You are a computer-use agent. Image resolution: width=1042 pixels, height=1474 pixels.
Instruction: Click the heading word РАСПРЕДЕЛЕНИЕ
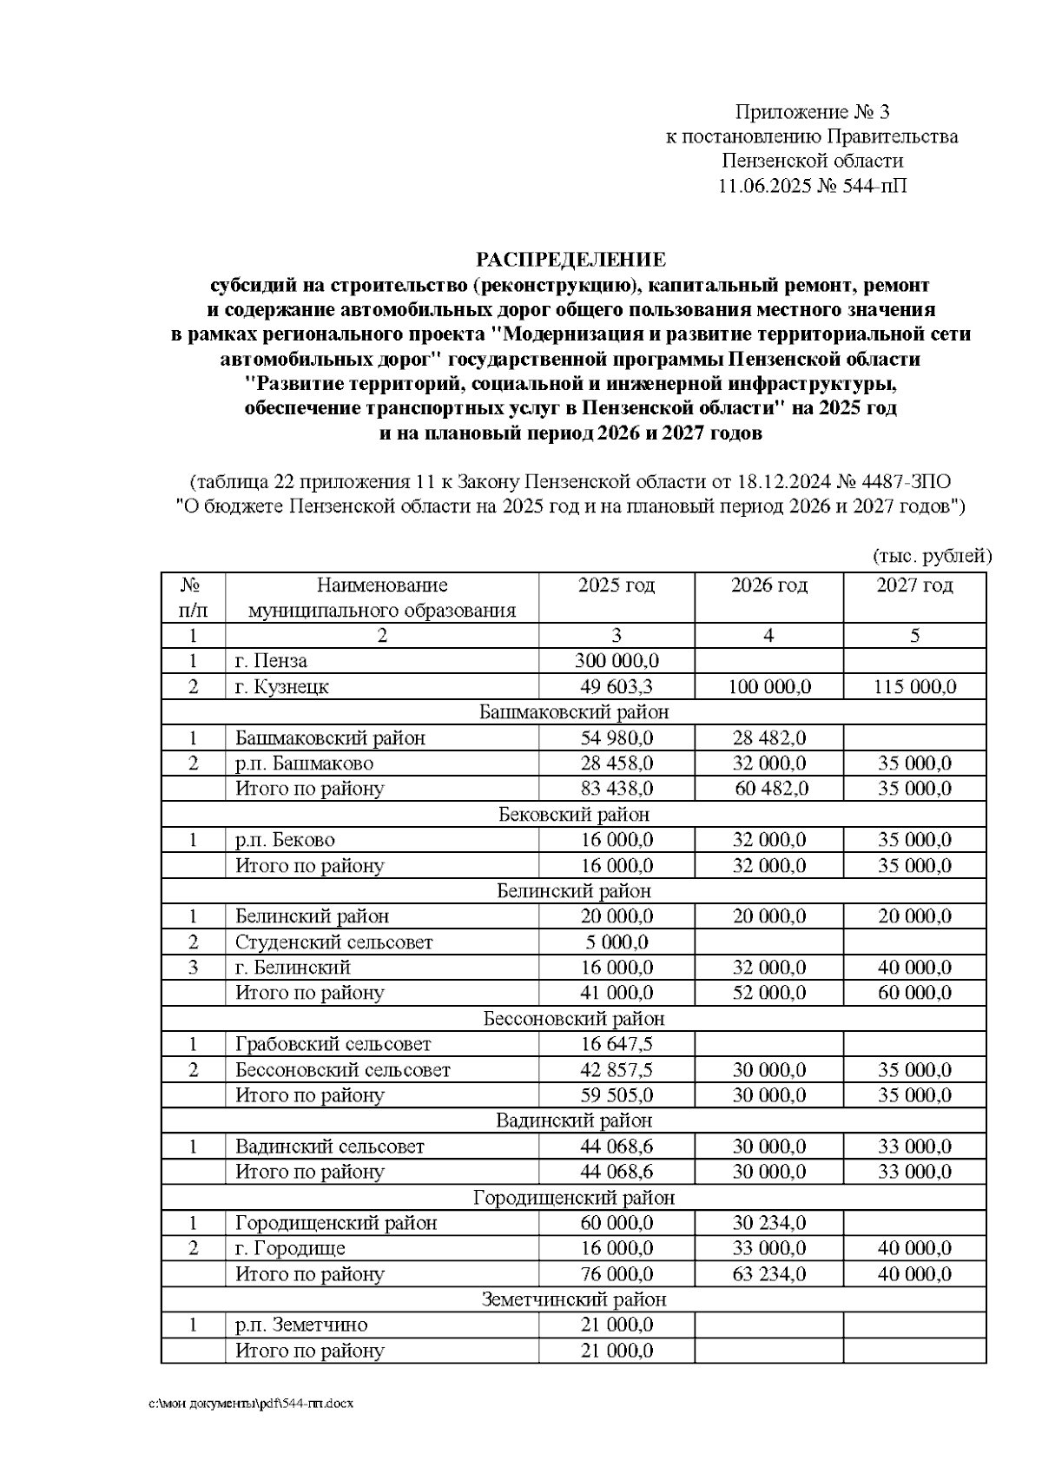point(570,260)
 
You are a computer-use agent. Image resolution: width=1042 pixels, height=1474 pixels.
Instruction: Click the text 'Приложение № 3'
point(812,112)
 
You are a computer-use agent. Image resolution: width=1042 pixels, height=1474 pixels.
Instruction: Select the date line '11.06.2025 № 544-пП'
point(812,186)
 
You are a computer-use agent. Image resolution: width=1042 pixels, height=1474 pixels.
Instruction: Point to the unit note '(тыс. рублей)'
point(931,557)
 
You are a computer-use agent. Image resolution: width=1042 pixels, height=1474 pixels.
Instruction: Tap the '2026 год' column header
point(768,585)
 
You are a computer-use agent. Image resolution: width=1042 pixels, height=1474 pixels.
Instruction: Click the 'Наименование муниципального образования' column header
point(382,598)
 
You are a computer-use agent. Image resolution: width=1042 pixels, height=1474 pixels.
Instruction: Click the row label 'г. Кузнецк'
point(282,687)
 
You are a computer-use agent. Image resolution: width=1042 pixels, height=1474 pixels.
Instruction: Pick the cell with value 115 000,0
point(914,687)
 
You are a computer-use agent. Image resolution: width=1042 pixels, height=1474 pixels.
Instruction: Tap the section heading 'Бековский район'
point(574,815)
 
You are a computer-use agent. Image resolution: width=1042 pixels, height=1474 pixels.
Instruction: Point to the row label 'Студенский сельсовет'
point(333,942)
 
